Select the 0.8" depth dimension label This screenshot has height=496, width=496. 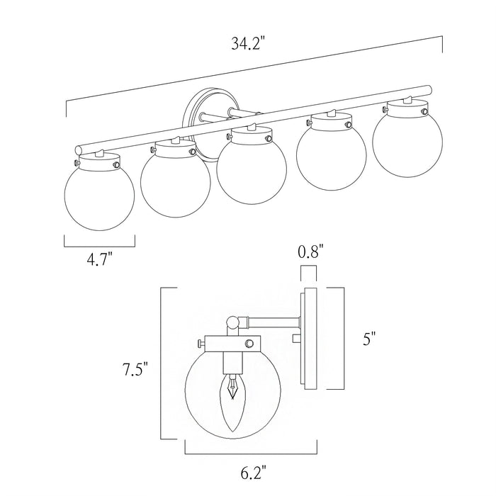310,251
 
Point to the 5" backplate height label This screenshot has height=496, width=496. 367,339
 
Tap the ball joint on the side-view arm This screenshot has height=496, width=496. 232,323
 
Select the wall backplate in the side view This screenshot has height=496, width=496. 309,339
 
